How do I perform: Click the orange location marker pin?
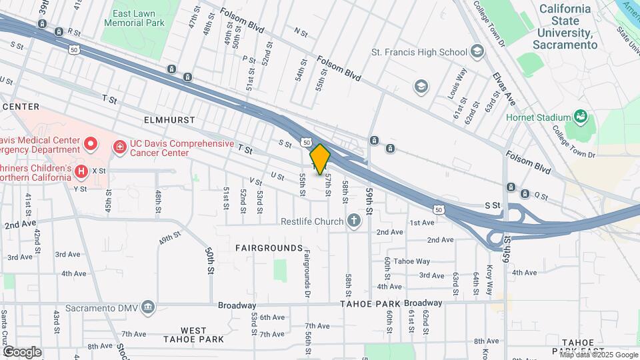pos(320,159)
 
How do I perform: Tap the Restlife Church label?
pos(311,221)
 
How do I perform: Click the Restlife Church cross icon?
pos(354,221)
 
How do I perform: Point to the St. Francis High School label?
pos(419,51)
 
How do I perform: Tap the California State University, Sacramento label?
pos(565,27)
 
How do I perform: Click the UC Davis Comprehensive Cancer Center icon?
pos(120,144)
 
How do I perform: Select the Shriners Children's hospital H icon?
pos(81,171)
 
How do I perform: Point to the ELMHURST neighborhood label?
pos(169,120)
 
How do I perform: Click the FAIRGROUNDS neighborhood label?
pos(269,248)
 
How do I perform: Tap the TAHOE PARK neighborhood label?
pos(371,304)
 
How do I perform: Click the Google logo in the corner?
pos(22,351)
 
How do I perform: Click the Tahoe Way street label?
pos(412,261)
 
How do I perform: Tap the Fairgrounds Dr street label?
pos(307,274)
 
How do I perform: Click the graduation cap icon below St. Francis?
pos(421,85)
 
